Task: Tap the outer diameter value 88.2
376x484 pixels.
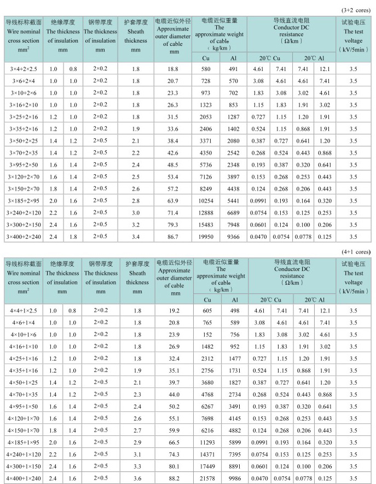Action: (174, 479)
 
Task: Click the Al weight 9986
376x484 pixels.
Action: (234, 479)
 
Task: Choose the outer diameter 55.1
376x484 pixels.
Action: (174, 418)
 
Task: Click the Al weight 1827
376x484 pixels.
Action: (234, 383)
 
